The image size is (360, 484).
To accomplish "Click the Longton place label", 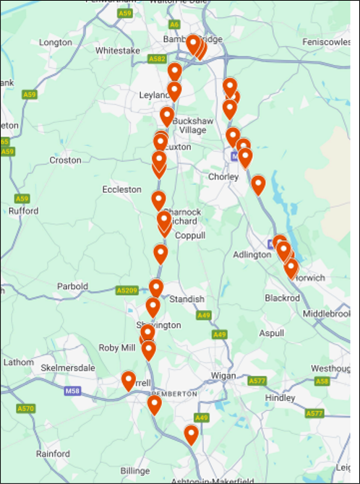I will [x=56, y=43].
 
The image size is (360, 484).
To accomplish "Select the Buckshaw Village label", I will [x=192, y=125].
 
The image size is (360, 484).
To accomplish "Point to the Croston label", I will [x=65, y=160].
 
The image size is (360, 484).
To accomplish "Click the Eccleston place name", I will [x=122, y=189].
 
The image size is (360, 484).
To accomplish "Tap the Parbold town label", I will [x=72, y=286].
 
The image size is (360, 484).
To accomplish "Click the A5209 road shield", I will [x=127, y=290].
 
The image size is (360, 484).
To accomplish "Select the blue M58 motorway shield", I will [x=72, y=391].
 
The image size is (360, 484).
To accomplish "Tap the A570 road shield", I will [x=25, y=408].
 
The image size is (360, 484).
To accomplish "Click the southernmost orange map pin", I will [x=191, y=434].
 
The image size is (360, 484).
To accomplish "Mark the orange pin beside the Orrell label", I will [x=129, y=380].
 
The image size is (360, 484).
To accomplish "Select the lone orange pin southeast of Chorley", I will [x=258, y=184].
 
